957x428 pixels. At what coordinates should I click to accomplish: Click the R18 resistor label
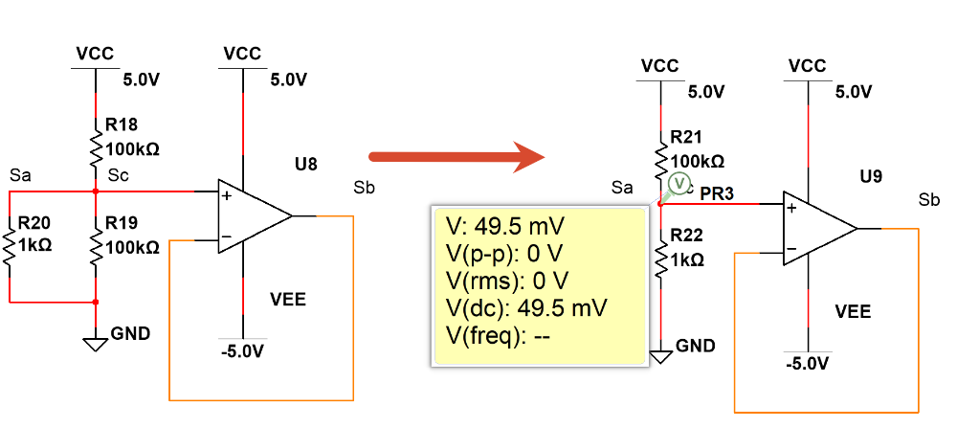click(122, 124)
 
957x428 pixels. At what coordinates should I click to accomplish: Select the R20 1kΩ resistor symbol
click(10, 247)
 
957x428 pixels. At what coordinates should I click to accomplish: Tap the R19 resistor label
click(122, 223)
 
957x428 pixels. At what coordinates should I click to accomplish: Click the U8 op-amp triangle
click(256, 215)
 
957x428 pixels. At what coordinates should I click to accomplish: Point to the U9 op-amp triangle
click(820, 228)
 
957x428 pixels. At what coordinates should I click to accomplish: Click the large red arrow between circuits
click(456, 158)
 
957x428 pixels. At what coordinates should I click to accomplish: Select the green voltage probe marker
click(679, 183)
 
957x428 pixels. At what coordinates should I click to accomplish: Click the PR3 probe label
click(717, 193)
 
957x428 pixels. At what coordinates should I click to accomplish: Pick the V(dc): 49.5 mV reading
click(526, 308)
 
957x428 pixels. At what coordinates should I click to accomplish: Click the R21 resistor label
click(686, 137)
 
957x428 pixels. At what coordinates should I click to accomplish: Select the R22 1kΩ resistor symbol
click(660, 259)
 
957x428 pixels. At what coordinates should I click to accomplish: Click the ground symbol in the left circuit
click(96, 344)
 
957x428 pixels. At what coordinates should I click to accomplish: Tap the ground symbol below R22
click(660, 356)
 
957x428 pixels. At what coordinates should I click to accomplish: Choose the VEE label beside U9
click(853, 311)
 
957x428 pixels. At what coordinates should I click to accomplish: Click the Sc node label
click(117, 175)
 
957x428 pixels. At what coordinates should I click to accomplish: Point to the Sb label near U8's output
click(364, 188)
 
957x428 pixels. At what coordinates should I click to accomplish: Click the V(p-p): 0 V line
click(503, 254)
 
